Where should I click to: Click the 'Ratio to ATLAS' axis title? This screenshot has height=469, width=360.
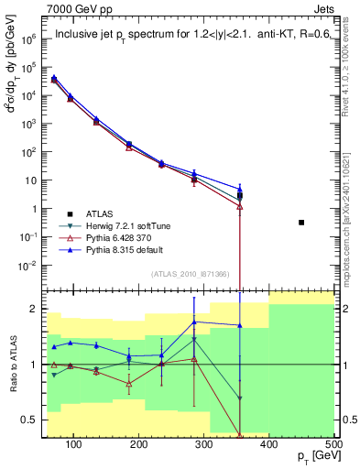13,365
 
